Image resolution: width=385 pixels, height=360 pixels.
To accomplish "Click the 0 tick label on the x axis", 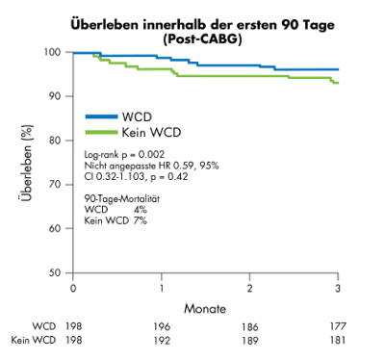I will tap(72, 289).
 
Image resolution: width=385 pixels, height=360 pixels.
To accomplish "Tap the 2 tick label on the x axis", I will tap(249, 289).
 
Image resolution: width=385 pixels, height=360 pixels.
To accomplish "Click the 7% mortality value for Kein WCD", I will tap(141, 220).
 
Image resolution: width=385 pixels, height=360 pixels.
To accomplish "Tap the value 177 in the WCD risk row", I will tap(337, 327).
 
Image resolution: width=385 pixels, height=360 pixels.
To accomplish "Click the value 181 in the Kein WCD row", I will tap(337, 341).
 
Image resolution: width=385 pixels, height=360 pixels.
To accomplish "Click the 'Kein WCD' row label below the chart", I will tap(30, 341).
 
